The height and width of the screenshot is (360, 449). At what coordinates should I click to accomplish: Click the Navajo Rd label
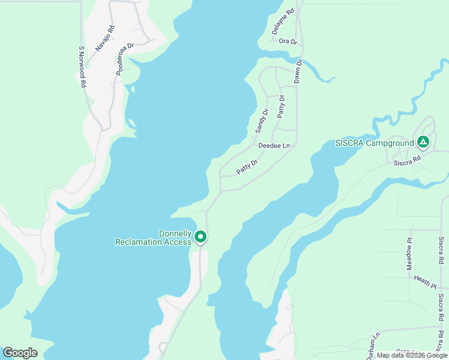[104, 37]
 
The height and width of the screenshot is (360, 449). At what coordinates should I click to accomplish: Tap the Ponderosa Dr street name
[125, 58]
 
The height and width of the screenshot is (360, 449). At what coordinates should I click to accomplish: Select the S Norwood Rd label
[83, 67]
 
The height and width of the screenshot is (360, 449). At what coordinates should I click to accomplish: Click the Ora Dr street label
[288, 41]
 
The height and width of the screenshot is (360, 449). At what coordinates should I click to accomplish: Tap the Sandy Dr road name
[261, 120]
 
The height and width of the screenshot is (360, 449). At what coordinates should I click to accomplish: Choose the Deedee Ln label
[274, 146]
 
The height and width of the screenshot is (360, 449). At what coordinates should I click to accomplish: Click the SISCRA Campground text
[375, 143]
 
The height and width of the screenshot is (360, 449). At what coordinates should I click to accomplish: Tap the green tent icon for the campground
[423, 142]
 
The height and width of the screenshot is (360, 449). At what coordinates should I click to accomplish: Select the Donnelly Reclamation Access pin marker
[200, 237]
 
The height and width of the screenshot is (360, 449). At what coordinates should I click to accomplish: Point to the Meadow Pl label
[409, 252]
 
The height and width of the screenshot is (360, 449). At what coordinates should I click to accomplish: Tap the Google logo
[20, 353]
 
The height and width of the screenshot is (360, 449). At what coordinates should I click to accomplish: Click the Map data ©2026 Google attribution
[412, 355]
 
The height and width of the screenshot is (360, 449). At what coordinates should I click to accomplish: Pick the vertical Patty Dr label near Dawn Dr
[281, 106]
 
